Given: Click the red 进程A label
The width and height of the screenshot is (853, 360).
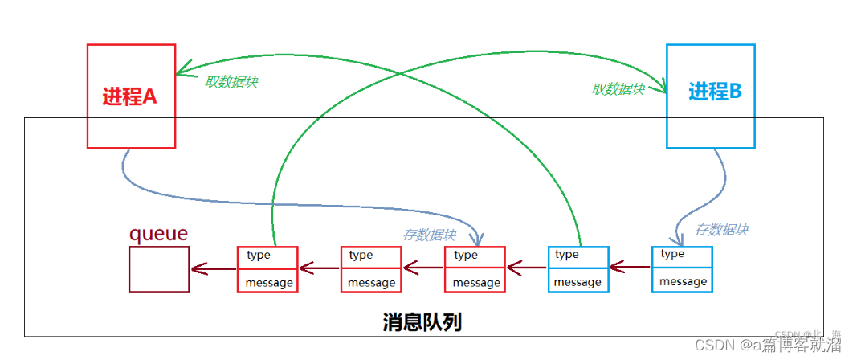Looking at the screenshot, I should coord(130,96).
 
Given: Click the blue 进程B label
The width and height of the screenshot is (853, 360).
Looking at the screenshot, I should coord(715,92).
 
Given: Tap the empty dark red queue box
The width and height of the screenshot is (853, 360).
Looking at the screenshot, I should coord(159,269).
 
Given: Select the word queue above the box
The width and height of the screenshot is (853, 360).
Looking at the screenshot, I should coord(158,234).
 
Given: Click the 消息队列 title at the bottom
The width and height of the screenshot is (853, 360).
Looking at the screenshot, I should coord(422,322).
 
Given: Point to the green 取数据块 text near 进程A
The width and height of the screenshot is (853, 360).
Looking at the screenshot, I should coord(231,82).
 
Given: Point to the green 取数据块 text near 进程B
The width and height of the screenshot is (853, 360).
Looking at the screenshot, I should coord(618,89).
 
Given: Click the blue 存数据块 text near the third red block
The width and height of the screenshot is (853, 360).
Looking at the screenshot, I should coord(429,235).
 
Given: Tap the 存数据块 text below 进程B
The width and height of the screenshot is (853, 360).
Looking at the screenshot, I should coord(721,229).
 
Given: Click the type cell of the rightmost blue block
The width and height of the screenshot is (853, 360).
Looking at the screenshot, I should coord(683,255).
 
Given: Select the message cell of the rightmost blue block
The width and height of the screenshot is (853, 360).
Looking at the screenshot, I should coord(683,280).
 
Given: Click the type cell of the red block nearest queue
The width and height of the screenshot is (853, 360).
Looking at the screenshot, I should coord(268,256).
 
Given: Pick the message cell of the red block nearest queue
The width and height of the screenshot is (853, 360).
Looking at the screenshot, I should coord(268,282).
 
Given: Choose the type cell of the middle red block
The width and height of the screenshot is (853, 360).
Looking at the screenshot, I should coord(371,256).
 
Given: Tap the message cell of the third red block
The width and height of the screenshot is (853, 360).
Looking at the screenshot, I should coord(475,282).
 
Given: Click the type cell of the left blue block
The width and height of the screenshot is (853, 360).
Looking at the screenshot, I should coord(578,256).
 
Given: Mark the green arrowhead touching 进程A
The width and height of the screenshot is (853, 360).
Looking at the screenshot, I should coord(182,70).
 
